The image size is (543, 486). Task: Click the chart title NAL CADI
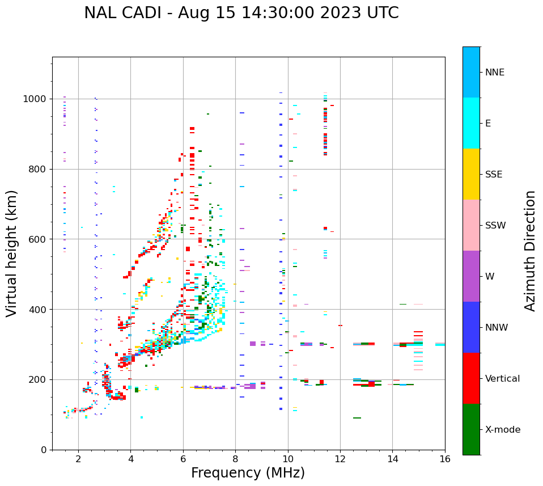pyautogui.click(x=241, y=13)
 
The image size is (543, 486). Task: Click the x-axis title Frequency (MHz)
pyautogui.click(x=248, y=473)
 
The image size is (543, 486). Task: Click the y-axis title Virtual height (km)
pyautogui.click(x=12, y=253)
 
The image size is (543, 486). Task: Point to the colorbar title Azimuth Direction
pyautogui.click(x=530, y=251)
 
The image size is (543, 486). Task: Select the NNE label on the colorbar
pyautogui.click(x=494, y=73)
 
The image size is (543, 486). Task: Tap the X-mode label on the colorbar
pyautogui.click(x=503, y=430)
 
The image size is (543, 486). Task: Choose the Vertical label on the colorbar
pyautogui.click(x=502, y=379)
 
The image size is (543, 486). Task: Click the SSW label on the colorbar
pyautogui.click(x=495, y=226)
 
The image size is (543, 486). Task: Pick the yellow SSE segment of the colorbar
pyautogui.click(x=471, y=174)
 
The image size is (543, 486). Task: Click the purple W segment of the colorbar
pyautogui.click(x=471, y=276)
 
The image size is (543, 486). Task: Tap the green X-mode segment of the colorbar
pyautogui.click(x=471, y=429)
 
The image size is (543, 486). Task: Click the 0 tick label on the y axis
pyautogui.click(x=44, y=450)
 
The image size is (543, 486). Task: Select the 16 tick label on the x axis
pyautogui.click(x=445, y=459)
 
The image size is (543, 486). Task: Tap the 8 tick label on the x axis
pyautogui.click(x=235, y=459)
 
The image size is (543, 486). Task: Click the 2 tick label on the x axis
pyautogui.click(x=78, y=459)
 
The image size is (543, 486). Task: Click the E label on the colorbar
pyautogui.click(x=488, y=124)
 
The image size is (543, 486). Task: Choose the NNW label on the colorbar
pyautogui.click(x=497, y=328)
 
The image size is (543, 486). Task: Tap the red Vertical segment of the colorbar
pyautogui.click(x=471, y=378)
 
